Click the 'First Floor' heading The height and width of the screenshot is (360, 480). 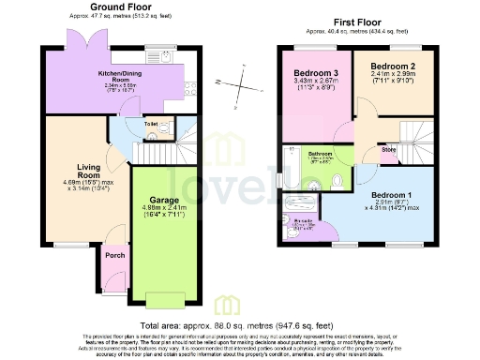(355, 19)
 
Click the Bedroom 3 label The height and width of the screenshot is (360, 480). (315, 74)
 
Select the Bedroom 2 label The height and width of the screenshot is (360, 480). (392, 67)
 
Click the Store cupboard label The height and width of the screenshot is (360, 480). (387, 149)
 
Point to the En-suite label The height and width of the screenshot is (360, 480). (303, 221)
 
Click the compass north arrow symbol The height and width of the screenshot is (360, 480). (243, 86)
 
